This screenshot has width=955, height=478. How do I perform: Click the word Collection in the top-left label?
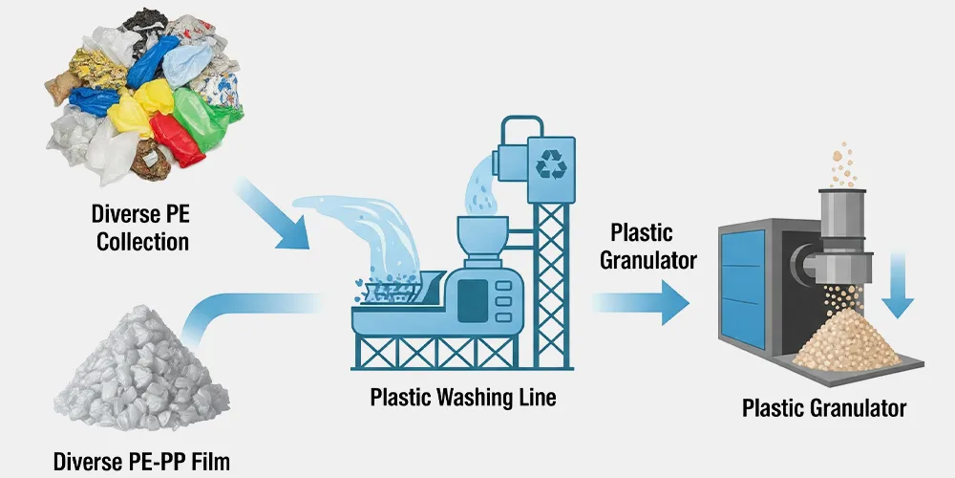[142, 240]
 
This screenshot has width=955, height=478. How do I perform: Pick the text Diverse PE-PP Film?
[142, 462]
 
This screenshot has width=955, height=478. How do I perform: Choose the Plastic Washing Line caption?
[463, 396]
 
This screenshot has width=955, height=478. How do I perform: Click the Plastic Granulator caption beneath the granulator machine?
[824, 409]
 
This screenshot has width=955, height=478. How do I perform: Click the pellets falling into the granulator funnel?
[840, 163]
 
